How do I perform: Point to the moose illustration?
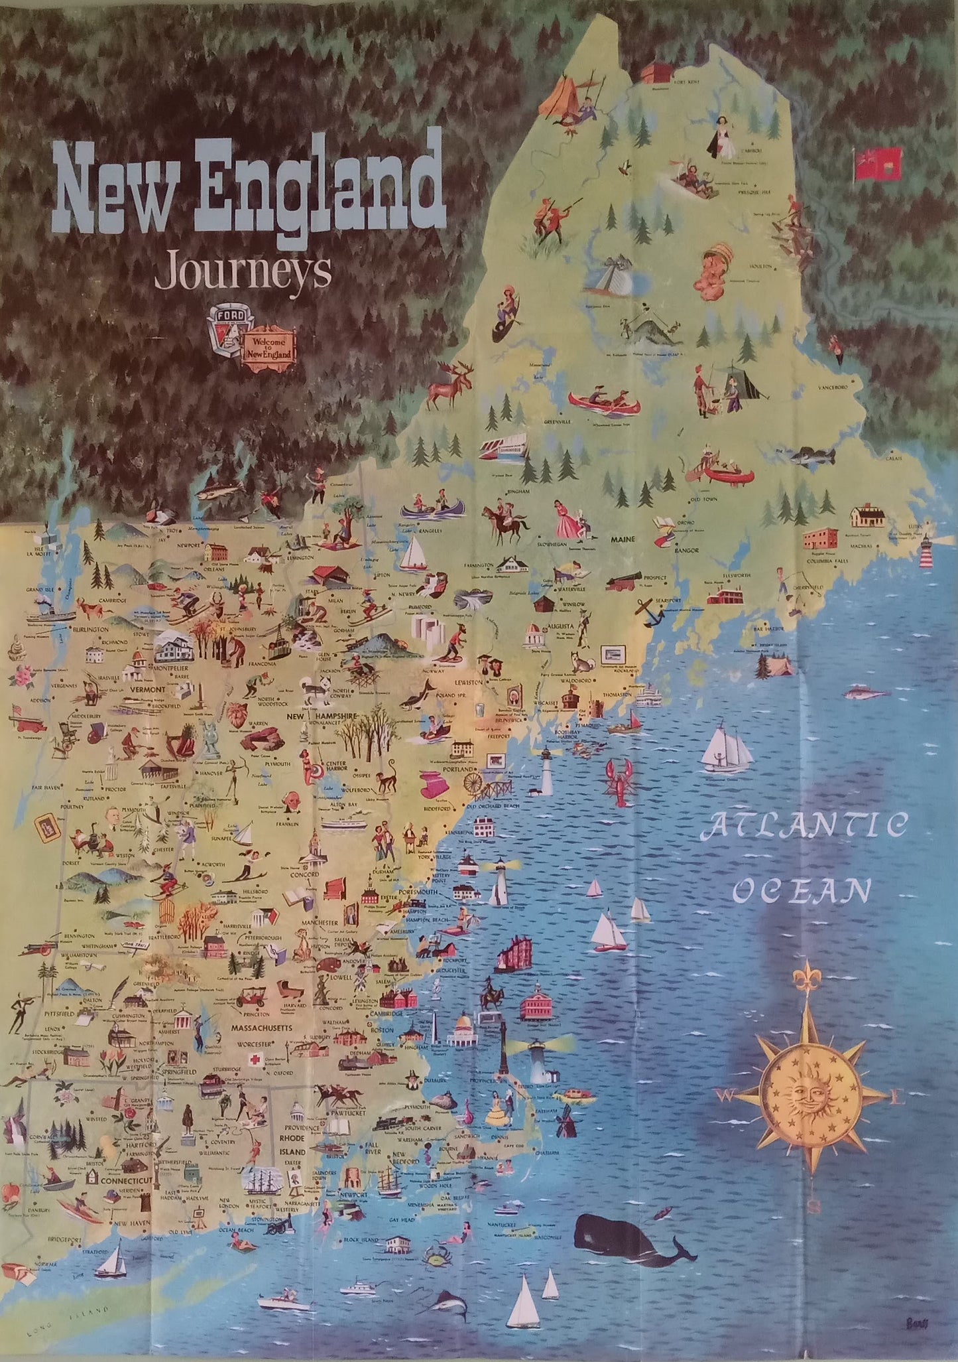[x=449, y=385]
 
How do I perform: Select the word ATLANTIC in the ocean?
[x=804, y=827]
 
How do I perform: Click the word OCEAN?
[x=802, y=891]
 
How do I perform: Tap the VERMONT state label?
[x=147, y=690]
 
